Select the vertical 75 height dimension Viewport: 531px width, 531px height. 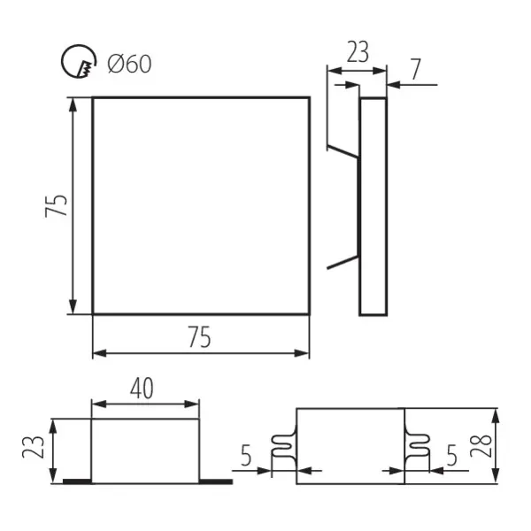click(x=57, y=206)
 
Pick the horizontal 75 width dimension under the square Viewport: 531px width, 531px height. click(x=200, y=336)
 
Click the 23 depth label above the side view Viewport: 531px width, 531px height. click(x=357, y=52)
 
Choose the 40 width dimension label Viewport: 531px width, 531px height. click(x=145, y=388)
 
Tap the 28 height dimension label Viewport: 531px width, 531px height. click(x=515, y=442)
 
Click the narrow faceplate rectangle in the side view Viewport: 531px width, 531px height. click(x=373, y=205)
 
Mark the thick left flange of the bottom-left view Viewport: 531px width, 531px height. click(x=76, y=481)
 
